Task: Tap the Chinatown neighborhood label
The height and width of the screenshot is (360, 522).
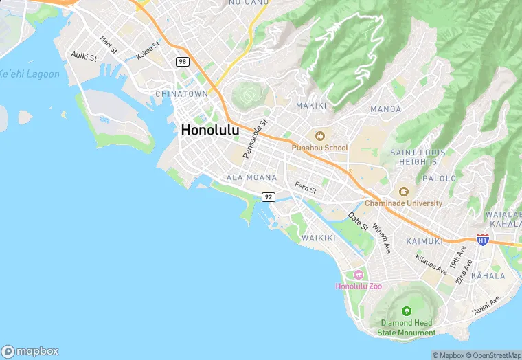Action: [x=181, y=93]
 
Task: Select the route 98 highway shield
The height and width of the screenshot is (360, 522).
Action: [x=181, y=62]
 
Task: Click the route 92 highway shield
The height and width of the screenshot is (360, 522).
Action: [x=268, y=197]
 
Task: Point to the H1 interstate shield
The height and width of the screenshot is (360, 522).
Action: [x=482, y=240]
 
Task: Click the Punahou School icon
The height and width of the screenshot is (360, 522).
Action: [x=319, y=136]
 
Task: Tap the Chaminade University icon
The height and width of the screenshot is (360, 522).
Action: [x=403, y=192]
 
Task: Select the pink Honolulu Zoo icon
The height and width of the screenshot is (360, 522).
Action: [x=359, y=275]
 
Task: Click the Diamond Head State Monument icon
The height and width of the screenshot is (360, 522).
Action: [x=406, y=311]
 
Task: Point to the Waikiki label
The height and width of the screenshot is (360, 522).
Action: [x=319, y=238]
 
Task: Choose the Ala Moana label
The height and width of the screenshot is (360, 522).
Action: [x=251, y=177]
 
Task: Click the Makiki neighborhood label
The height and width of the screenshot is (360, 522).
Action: [x=311, y=106]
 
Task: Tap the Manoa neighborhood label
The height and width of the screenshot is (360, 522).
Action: [x=385, y=109]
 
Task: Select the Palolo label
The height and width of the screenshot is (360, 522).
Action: [x=440, y=178]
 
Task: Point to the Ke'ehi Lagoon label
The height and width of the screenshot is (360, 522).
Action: [x=29, y=74]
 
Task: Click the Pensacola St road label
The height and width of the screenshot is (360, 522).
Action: [x=254, y=139]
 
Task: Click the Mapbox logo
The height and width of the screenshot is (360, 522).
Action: [x=30, y=351]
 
